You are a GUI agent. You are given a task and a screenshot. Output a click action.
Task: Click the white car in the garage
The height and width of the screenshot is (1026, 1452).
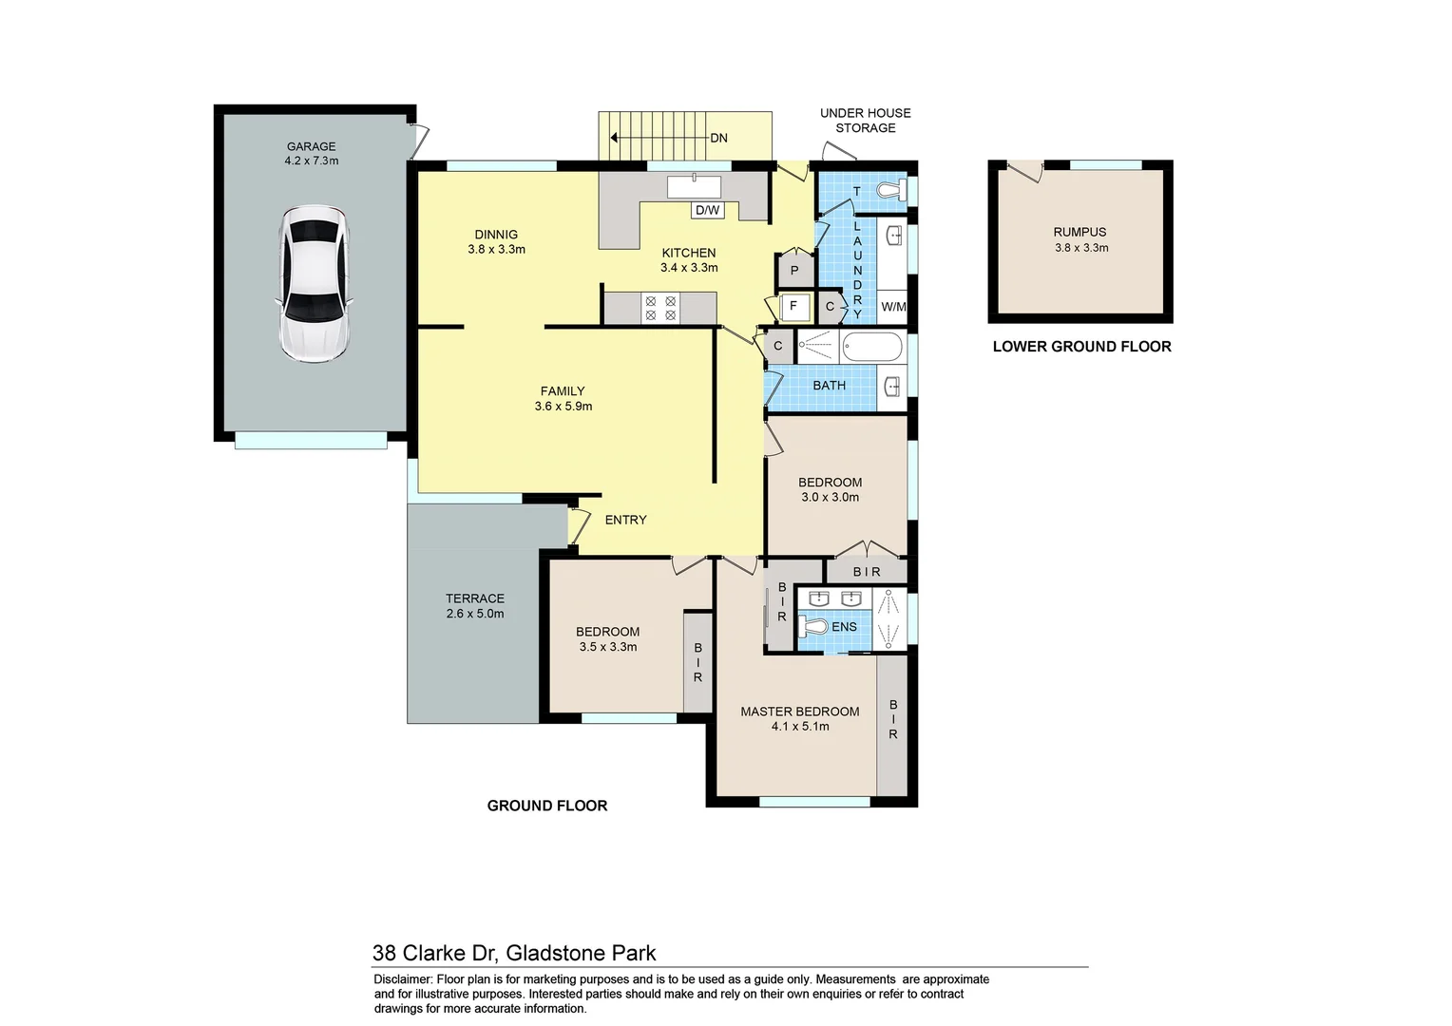313,283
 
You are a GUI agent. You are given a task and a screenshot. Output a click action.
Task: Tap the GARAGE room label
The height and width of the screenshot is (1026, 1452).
311,146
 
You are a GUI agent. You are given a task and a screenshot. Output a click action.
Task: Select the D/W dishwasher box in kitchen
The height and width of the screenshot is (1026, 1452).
707,210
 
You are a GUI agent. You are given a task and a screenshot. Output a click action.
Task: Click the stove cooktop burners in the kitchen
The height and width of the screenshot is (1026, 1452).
660,308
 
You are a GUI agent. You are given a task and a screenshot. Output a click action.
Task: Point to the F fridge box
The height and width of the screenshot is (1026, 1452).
793,307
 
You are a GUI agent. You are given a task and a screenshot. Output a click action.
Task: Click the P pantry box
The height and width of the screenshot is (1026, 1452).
794,272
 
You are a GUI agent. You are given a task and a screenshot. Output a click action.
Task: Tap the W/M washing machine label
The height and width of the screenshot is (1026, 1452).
893,307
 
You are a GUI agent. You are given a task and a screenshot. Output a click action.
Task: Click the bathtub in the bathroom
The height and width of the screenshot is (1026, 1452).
871,347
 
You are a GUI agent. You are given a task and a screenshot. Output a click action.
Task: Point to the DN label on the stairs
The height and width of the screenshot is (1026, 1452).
718,138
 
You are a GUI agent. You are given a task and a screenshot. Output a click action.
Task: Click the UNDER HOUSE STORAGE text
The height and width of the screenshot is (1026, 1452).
865,121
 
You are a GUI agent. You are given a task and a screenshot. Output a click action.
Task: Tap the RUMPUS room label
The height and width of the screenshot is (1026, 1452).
1079,232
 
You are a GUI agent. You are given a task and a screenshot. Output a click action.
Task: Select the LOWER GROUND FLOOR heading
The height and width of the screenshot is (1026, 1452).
1081,347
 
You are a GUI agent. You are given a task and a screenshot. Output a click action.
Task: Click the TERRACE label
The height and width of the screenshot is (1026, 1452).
475,598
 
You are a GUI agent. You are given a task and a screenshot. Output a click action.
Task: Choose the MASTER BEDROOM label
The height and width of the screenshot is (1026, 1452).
799,712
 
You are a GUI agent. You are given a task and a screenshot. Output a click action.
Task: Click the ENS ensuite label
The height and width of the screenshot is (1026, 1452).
844,627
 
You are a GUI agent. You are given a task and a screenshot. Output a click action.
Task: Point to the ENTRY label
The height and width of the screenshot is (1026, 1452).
625,520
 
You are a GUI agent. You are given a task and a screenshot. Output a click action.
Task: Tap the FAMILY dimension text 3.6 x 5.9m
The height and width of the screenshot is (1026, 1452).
563,407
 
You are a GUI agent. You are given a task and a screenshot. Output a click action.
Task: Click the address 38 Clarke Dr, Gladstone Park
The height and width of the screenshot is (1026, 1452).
514,953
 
